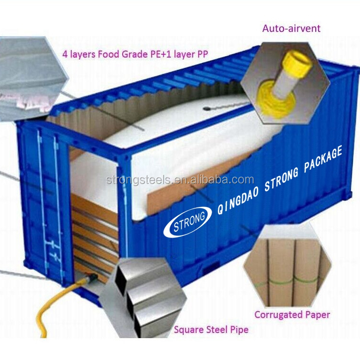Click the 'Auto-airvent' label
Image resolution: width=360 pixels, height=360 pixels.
point(291,28)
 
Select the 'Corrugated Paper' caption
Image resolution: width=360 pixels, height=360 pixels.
point(292,314)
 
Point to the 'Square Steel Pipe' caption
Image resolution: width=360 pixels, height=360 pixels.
point(211,330)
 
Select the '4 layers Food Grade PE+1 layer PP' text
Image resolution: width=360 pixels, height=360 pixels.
point(136,54)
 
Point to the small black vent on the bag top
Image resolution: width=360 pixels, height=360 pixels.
point(207,108)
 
